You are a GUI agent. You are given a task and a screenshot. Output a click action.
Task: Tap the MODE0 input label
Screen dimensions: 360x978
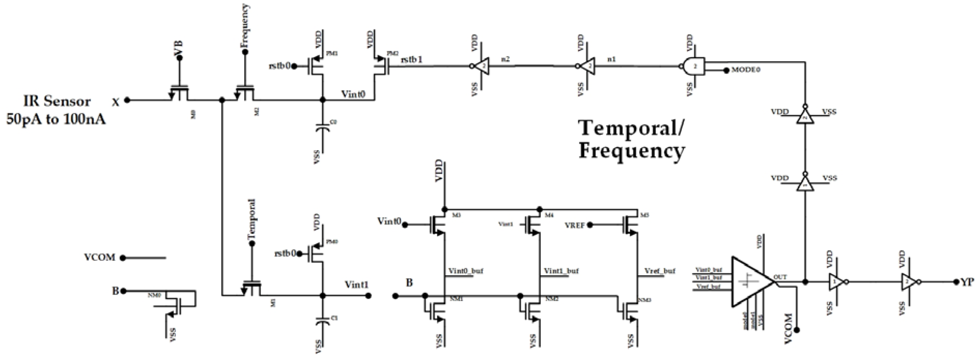(x=746, y=70)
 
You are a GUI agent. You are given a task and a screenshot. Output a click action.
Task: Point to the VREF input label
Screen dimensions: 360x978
(x=574, y=225)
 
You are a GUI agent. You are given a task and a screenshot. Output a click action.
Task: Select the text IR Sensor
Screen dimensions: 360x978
(x=57, y=101)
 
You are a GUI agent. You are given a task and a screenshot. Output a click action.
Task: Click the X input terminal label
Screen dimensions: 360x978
(x=116, y=102)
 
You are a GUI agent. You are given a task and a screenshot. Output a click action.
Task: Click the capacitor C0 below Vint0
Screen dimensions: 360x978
(x=323, y=127)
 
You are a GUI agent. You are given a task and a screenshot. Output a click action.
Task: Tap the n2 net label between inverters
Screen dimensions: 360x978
(x=506, y=59)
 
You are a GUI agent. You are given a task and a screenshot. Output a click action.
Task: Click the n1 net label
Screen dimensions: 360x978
(x=612, y=59)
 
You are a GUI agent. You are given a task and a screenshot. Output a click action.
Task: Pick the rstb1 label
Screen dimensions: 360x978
(x=412, y=60)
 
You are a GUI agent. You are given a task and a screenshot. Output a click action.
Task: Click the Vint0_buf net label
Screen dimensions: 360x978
(x=465, y=271)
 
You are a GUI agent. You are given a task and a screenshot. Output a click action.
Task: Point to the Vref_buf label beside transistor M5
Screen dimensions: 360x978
(x=660, y=271)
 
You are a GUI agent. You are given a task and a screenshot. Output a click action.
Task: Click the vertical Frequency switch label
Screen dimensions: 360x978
(x=245, y=26)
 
